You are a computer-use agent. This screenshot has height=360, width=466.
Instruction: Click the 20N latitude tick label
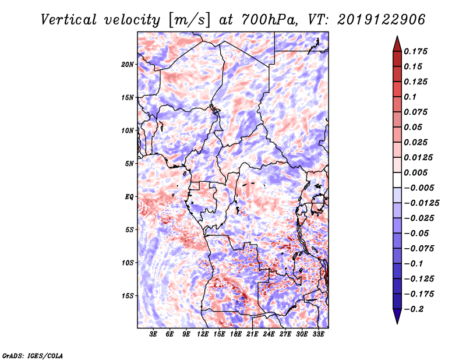pyautogui.click(x=128, y=64)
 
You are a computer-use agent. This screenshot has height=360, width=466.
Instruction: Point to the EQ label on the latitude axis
pyautogui.click(x=129, y=197)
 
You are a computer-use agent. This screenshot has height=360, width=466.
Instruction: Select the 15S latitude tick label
pyautogui.click(x=128, y=296)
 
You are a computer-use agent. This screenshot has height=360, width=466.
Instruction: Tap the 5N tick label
pyautogui.click(x=129, y=164)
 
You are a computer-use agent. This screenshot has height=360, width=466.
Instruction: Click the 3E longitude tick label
pyautogui.click(x=153, y=334)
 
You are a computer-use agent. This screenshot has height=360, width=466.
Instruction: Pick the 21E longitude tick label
pyautogui.click(x=252, y=334)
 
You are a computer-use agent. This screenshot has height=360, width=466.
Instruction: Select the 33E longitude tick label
pyautogui.click(x=318, y=334)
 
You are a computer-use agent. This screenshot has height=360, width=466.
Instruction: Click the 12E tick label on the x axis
pyautogui.click(x=203, y=334)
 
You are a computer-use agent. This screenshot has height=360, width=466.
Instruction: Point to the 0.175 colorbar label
pyautogui.click(x=415, y=51)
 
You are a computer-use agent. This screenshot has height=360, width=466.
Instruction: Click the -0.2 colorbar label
pyautogui.click(x=414, y=309)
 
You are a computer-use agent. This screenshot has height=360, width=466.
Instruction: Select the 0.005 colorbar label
pyautogui.click(x=415, y=172)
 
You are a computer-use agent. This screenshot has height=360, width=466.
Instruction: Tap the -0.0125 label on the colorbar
pyautogui.click(x=421, y=203)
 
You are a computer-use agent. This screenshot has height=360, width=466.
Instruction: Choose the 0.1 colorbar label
pyautogui.click(x=410, y=97)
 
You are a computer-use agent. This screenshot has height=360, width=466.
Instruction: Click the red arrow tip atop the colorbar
pyautogui.click(x=397, y=37)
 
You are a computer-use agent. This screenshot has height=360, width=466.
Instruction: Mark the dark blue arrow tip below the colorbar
pyautogui.click(x=397, y=323)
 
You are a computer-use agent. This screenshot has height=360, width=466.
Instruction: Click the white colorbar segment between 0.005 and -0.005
pyautogui.click(x=397, y=180)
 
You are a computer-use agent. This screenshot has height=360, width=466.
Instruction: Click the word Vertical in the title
pyautogui.click(x=69, y=20)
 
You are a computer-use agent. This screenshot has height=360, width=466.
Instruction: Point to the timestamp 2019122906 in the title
pyautogui.click(x=381, y=20)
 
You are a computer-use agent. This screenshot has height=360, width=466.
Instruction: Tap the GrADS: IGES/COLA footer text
pyautogui.click(x=33, y=355)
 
